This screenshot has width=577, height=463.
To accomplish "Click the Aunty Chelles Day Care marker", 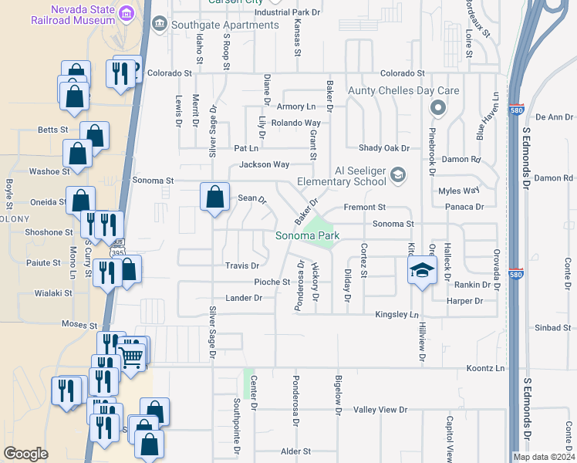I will [x=439, y=107].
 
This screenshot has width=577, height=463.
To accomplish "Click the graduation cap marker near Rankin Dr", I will [x=422, y=270].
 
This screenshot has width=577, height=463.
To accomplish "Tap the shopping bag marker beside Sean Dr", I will [x=214, y=196].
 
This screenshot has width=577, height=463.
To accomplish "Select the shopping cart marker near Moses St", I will [x=131, y=355].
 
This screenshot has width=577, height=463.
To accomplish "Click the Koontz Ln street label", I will [x=485, y=368].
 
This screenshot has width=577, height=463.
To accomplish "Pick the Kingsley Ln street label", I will [x=396, y=314].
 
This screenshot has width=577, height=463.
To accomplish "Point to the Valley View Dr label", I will [x=380, y=409].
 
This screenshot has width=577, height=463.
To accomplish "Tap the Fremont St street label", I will [x=364, y=208].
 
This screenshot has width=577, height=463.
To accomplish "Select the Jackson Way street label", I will [x=264, y=164].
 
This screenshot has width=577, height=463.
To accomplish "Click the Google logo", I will [x=25, y=454].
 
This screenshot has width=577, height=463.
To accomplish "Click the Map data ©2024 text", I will [x=544, y=457].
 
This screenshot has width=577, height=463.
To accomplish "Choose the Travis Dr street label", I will [x=241, y=265].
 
